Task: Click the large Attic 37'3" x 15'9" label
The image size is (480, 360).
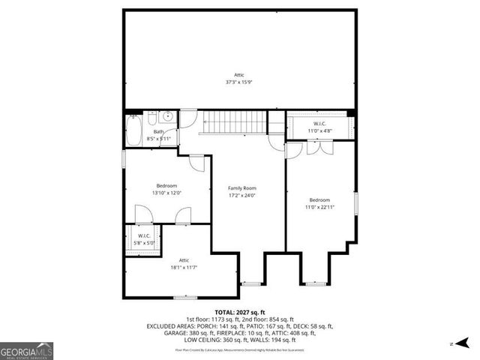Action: [238, 78]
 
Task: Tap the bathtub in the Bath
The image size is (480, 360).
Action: [133, 131]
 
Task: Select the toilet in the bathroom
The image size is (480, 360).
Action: [152, 118]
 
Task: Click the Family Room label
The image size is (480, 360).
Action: [242, 188]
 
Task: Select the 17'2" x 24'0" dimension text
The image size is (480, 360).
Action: [242, 196]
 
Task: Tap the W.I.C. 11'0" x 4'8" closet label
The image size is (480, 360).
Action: [319, 127]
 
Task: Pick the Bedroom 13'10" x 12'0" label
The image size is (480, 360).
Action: [166, 189]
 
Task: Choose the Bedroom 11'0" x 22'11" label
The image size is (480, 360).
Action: [319, 204]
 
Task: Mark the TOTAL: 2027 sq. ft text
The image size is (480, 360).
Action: [240, 311]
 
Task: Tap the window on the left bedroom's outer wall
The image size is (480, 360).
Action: [123, 159]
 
